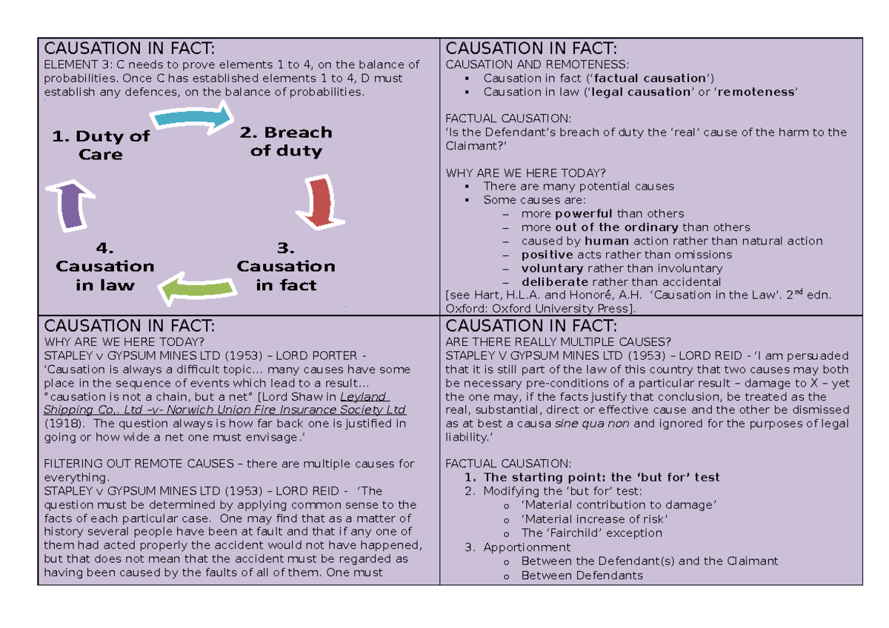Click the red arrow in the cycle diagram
click(x=319, y=201)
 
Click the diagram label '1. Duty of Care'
click(x=101, y=145)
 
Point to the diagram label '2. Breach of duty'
click(x=286, y=141)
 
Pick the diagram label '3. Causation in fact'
click(x=286, y=266)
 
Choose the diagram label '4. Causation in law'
click(x=104, y=266)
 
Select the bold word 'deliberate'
click(x=555, y=282)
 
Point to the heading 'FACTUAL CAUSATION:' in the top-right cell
click(x=508, y=118)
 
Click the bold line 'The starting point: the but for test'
click(x=602, y=478)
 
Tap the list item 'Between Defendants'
click(x=582, y=575)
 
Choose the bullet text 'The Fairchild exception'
click(x=591, y=533)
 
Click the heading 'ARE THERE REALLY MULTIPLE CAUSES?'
click(x=559, y=341)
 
